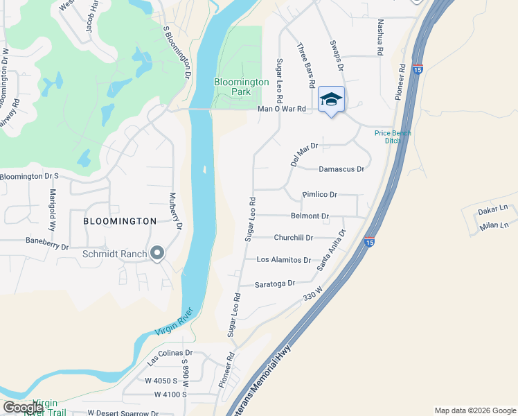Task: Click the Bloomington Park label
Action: click(241, 87)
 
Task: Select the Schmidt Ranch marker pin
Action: click(157, 254)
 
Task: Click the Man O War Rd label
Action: click(281, 109)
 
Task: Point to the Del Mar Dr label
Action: click(304, 154)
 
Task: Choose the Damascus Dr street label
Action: click(341, 168)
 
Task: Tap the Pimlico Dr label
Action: click(319, 195)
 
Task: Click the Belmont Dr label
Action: click(310, 216)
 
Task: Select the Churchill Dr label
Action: click(294, 237)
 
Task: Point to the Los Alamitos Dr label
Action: click(284, 259)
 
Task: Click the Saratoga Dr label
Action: click(275, 284)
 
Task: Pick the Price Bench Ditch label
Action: click(393, 137)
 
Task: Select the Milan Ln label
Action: click(494, 225)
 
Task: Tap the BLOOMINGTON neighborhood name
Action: click(120, 221)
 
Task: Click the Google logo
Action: click(23, 407)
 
